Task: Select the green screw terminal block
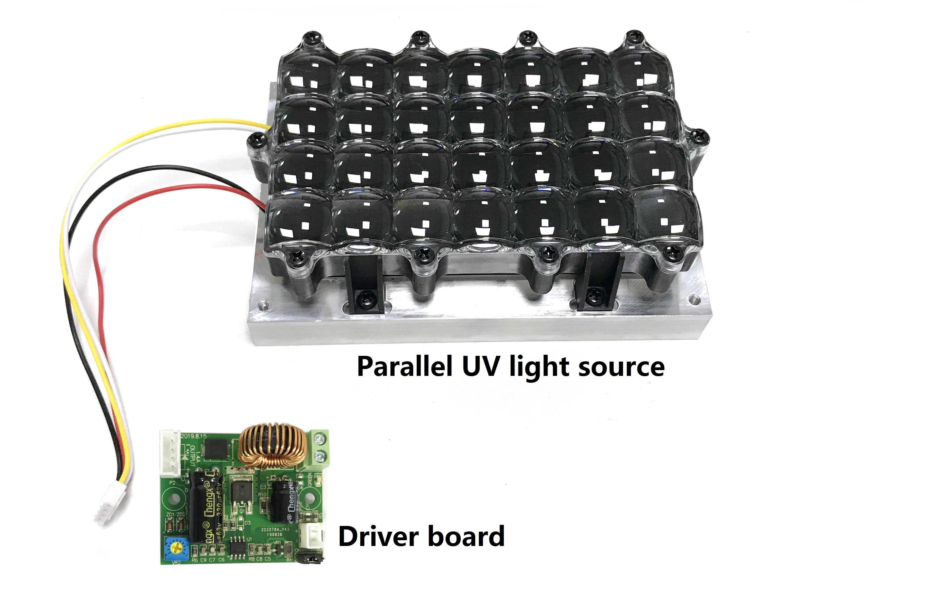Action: (320, 448)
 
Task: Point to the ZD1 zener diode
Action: (170, 524)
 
